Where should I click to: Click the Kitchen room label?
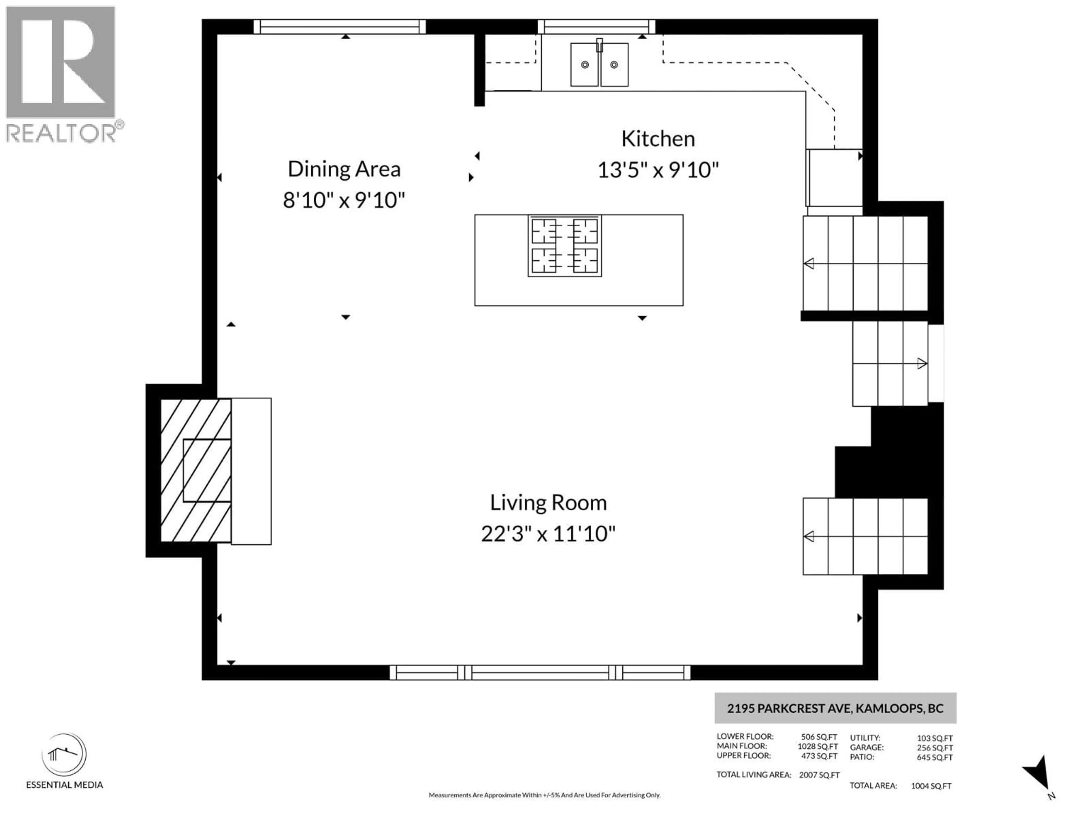tap(658, 139)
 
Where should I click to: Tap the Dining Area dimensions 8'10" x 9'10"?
tap(344, 201)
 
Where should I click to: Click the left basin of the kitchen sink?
tap(584, 64)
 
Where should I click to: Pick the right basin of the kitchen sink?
tap(614, 64)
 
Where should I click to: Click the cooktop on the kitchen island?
tap(565, 245)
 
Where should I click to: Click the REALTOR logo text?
tap(62, 133)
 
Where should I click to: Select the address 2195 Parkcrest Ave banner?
tap(835, 708)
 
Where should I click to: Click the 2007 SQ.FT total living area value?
tap(819, 775)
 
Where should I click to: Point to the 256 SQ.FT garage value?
tap(934, 747)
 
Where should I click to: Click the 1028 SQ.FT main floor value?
tap(818, 746)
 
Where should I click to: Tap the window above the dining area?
tap(340, 27)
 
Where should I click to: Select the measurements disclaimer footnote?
tap(544, 795)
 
